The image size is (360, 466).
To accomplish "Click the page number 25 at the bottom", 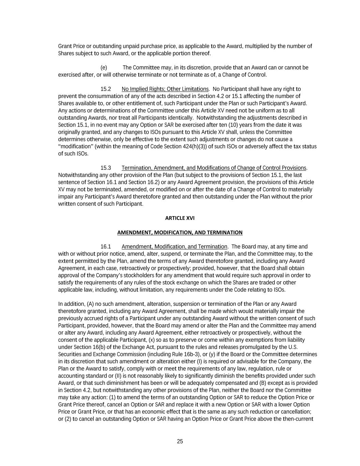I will (x=180, y=441).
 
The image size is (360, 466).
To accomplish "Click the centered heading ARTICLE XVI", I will (x=180, y=218).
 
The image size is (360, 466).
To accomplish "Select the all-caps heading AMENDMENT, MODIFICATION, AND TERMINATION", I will (x=180, y=232).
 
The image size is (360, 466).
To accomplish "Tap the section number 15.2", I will (x=106, y=89).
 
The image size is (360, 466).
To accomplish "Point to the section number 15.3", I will (x=106, y=168).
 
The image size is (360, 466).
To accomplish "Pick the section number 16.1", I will (x=106, y=246).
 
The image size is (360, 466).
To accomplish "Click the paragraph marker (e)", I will (x=104, y=68).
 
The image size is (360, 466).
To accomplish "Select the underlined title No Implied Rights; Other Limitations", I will (x=165, y=89).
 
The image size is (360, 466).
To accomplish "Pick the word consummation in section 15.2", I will (x=95, y=96).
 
